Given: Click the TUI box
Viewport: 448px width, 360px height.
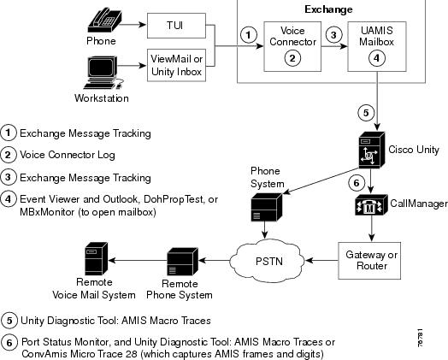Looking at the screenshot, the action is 176,26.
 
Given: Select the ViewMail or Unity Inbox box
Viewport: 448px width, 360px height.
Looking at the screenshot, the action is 176,65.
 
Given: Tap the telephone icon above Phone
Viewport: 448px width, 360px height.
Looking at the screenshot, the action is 104,20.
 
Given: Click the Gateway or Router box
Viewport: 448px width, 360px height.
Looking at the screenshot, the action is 369,261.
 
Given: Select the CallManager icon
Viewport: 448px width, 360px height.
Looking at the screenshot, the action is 371,205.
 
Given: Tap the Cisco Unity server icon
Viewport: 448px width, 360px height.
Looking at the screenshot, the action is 372,150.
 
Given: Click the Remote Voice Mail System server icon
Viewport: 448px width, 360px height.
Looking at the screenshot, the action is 97,259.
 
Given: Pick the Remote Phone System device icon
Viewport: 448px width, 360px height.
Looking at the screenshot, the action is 183,262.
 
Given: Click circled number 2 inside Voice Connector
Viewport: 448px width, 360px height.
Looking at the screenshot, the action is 292,58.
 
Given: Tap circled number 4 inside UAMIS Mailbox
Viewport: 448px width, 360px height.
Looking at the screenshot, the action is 376,58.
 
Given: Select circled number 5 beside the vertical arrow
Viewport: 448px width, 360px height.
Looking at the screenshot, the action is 366,113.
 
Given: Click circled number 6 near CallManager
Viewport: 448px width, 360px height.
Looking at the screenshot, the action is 357,183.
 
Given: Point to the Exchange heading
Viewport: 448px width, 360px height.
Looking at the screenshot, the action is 328,9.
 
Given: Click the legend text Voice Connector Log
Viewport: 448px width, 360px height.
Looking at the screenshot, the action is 68,155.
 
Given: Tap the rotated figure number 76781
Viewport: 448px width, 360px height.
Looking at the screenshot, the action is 420,339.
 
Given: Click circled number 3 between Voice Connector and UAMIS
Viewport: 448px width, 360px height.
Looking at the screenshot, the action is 333,35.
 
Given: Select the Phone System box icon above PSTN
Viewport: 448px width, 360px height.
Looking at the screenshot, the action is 266,207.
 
